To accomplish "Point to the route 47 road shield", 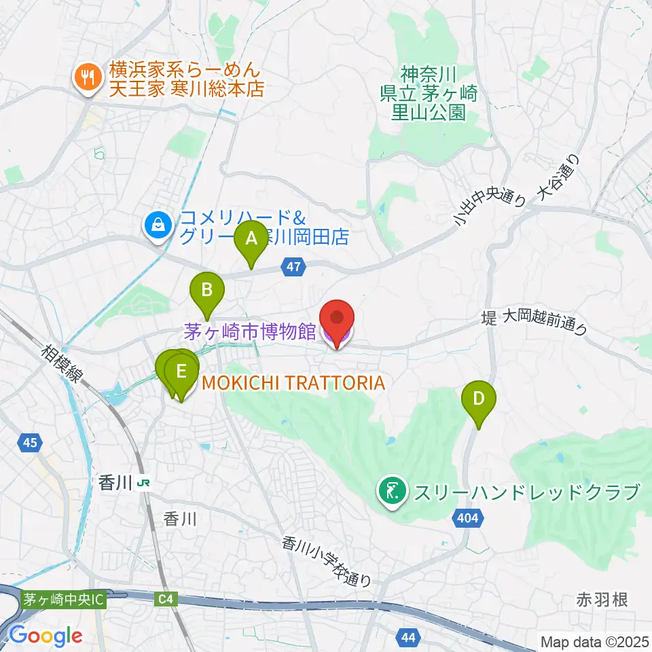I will click(293, 269).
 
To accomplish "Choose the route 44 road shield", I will click(407, 637).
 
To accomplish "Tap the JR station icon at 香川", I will click(143, 484).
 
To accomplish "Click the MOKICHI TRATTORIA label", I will click(293, 383).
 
